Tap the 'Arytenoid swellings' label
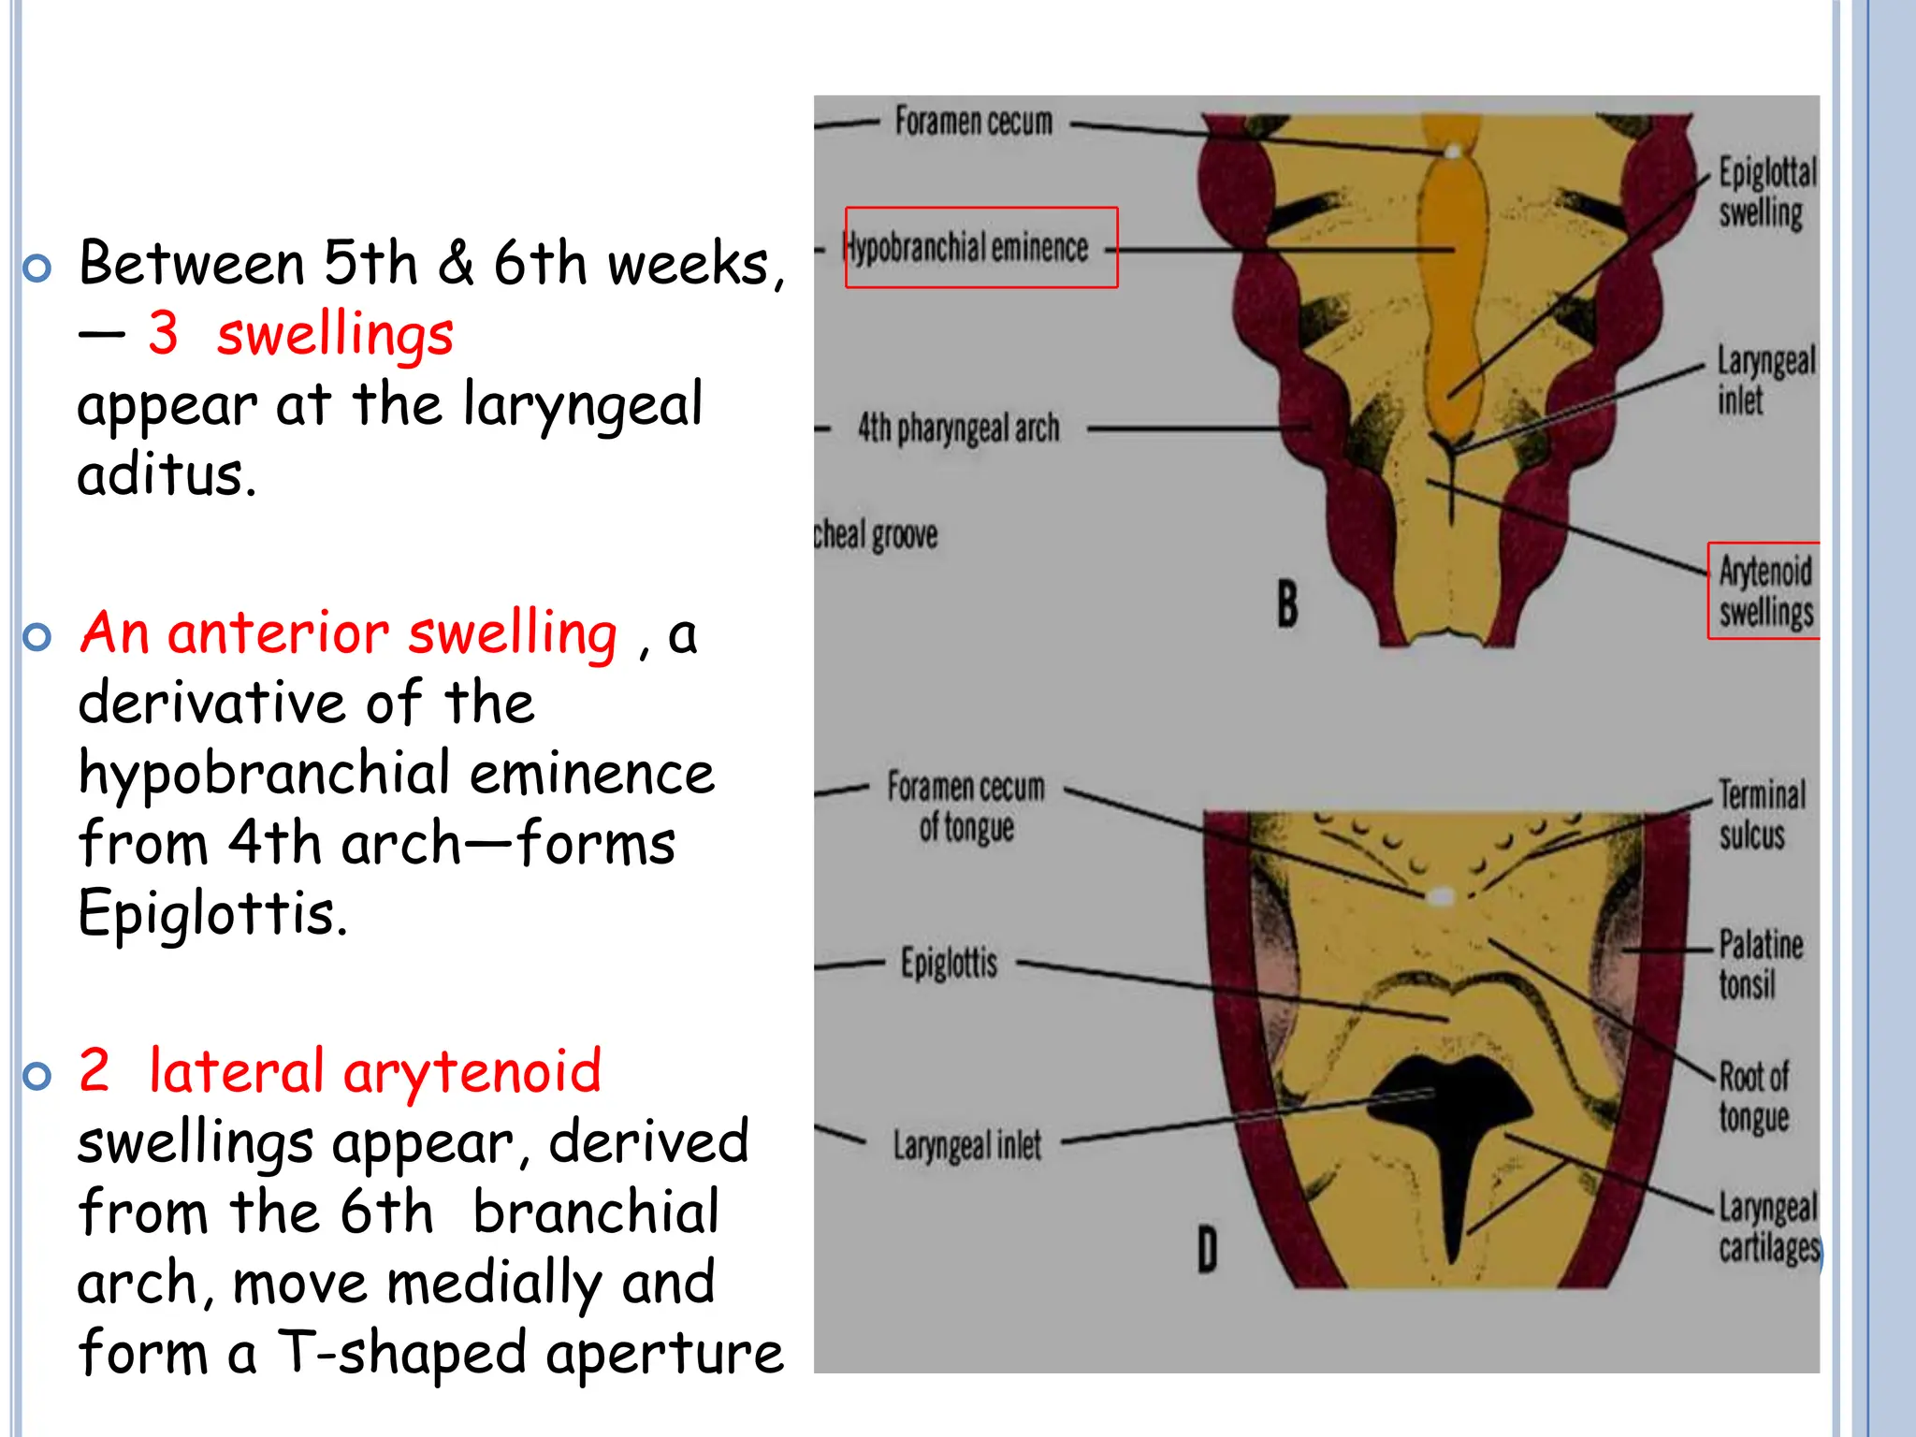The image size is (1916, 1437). pyautogui.click(x=1765, y=591)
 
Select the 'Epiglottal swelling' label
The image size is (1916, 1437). pyautogui.click(x=1765, y=193)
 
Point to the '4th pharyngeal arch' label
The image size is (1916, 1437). pyautogui.click(x=959, y=428)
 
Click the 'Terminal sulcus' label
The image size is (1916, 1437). pyautogui.click(x=1759, y=815)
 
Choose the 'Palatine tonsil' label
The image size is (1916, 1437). pyautogui.click(x=1759, y=965)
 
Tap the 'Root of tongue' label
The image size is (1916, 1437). pyautogui.click(x=1753, y=1097)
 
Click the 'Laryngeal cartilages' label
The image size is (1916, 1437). pyautogui.click(x=1767, y=1227)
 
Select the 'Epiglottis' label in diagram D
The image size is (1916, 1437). pyautogui.click(x=949, y=963)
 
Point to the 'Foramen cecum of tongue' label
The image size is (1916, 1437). pyautogui.click(x=965, y=806)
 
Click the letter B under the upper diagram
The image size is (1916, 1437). pyautogui.click(x=1287, y=603)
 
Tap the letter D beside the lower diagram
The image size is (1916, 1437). pyautogui.click(x=1207, y=1251)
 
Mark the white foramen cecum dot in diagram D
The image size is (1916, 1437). pyautogui.click(x=1441, y=897)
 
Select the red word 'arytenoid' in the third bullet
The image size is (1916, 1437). pyautogui.click(x=472, y=1071)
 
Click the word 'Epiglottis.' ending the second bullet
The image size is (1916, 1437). pyautogui.click(x=212, y=913)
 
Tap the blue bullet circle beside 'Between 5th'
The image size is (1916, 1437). pyautogui.click(x=37, y=269)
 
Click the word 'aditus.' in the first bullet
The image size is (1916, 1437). pyautogui.click(x=167, y=474)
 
